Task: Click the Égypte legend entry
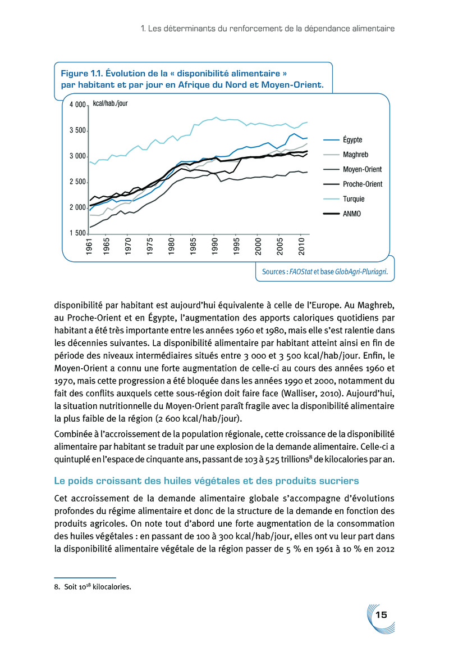352,139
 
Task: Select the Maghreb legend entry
355,154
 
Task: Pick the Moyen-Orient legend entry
361,169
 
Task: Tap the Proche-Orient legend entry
362,184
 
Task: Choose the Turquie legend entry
354,198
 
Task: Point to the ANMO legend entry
352,214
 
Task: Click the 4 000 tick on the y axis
77,105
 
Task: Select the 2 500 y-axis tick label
77,182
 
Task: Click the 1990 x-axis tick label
215,247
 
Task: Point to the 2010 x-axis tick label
301,247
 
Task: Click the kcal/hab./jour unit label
110,104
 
